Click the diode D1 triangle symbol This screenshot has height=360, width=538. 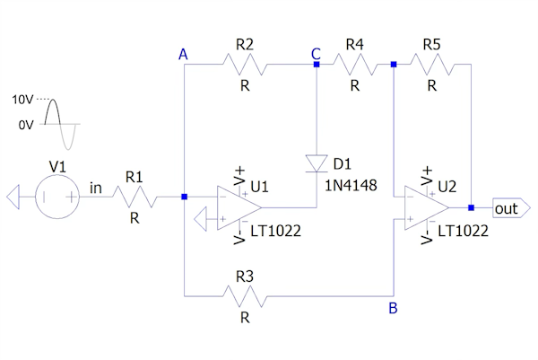pyautogui.click(x=317, y=162)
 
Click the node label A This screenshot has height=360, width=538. pyautogui.click(x=183, y=56)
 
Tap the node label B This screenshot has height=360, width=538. pyautogui.click(x=393, y=311)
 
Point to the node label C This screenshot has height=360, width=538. pyautogui.click(x=316, y=55)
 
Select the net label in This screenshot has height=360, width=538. pyautogui.click(x=97, y=189)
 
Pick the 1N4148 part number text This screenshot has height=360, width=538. pyautogui.click(x=351, y=186)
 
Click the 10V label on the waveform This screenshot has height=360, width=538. pyautogui.click(x=22, y=101)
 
